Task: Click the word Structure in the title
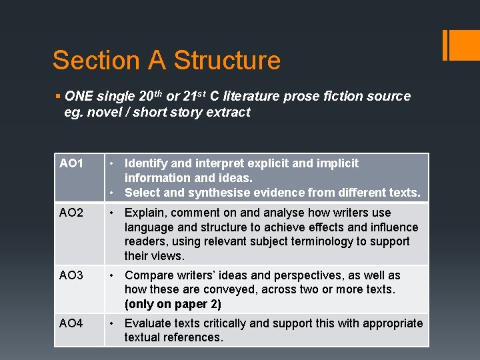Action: tap(227, 61)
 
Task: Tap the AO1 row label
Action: tap(71, 163)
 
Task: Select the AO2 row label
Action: tap(71, 213)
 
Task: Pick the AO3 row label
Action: tap(71, 275)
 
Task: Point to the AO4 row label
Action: tap(71, 323)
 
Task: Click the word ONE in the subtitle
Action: tap(79, 97)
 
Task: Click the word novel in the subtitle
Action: tap(104, 113)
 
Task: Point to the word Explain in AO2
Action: tap(146, 213)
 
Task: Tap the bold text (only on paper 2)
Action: tap(173, 304)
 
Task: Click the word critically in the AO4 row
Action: tap(225, 323)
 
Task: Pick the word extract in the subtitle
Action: tap(227, 113)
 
